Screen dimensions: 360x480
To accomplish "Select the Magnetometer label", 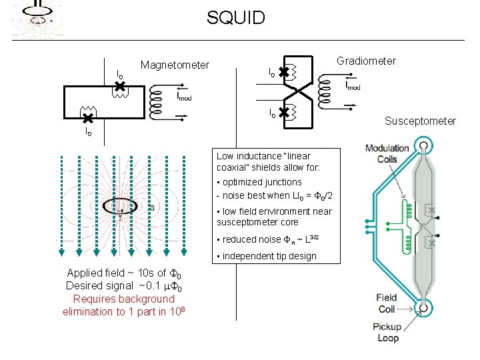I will pos(175,65).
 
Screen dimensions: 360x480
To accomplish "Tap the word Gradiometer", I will pos(366,61).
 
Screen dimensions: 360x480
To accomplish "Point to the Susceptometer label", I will pos(420,121).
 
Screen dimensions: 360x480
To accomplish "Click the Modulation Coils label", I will pos(387,153).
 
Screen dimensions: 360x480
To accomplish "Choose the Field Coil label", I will pos(386,303).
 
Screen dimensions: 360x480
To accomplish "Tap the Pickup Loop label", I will pos(387,332).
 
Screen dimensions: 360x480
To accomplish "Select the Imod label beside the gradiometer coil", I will pos(353,85).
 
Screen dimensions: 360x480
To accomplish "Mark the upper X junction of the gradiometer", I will pos(284,71).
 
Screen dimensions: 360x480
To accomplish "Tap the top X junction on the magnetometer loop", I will pos(119,85).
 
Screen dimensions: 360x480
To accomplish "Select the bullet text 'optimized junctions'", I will pos(262,182).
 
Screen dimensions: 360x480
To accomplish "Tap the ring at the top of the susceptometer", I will pos(423,146).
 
